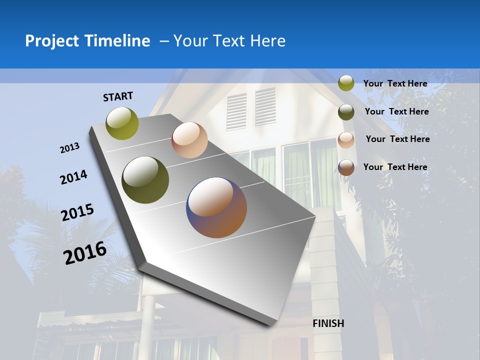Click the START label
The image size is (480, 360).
coord(118,96)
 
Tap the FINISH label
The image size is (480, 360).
coord(328,323)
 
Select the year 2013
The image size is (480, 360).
coord(69,148)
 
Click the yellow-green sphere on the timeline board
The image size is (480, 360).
coord(122,123)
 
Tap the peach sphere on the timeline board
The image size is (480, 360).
coord(189,140)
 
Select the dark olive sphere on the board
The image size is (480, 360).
coord(145,180)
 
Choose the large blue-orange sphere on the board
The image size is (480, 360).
coord(216,207)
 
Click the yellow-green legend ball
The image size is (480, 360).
coord(346,83)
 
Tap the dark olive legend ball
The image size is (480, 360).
coord(346,112)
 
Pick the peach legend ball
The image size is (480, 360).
coord(346,140)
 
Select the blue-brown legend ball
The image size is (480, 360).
coord(346,167)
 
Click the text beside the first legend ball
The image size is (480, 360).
coord(395,83)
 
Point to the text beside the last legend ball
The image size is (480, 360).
coord(395,167)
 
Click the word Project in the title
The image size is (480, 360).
coord(52,41)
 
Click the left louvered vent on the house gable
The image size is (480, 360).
coord(236,111)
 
